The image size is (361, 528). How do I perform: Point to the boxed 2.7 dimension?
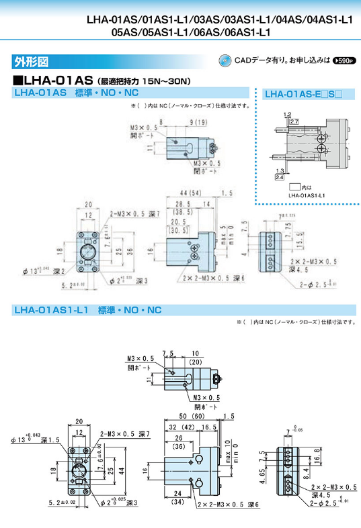tap(294, 122)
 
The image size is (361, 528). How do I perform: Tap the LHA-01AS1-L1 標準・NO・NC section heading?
tap(88, 310)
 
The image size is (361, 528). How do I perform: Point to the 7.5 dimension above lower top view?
tap(167, 352)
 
